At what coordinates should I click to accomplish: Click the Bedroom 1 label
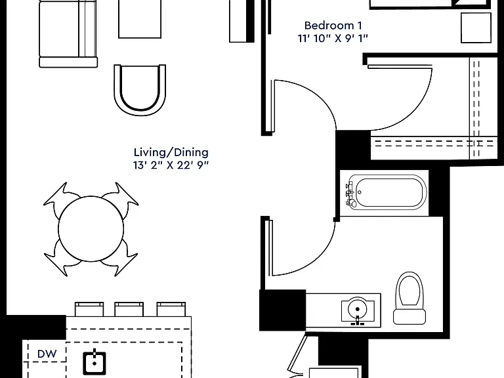pos(333,26)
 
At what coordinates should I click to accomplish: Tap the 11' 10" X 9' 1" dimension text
pos(333,38)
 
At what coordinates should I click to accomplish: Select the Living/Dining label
pos(171,152)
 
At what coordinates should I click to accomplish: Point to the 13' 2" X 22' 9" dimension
pos(171,165)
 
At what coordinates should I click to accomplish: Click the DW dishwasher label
pos(47,354)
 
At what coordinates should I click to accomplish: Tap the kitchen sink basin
pos(94,363)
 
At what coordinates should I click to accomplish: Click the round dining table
pos(91,228)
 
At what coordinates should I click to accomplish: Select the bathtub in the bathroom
pos(387,192)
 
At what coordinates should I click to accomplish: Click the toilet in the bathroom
pos(409,299)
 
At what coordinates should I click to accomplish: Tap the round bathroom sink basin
pos(358,309)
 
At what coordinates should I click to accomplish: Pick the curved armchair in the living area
pos(140,90)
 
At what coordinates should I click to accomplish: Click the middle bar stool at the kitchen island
pos(129,309)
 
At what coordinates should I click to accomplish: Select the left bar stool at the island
pos(89,309)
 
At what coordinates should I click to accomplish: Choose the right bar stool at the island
pos(171,309)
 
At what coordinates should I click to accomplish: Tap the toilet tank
pos(409,316)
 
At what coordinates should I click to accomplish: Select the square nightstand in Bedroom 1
pos(476,28)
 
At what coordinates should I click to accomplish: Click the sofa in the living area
pos(68,33)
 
